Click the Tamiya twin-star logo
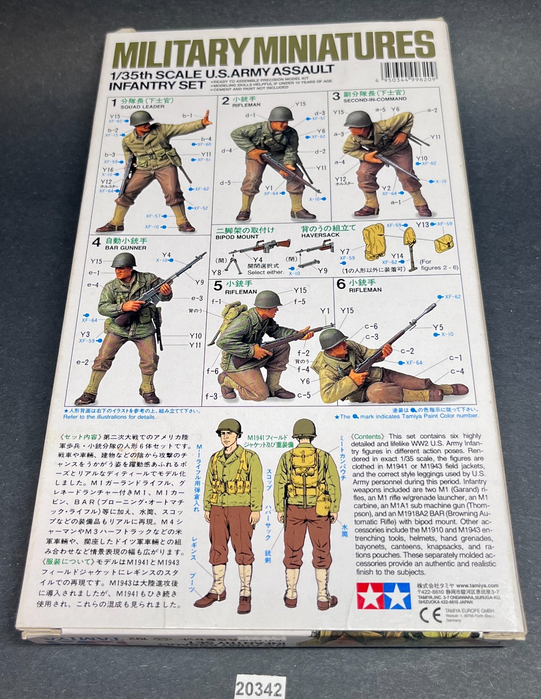(384, 595)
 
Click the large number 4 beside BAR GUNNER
(97, 242)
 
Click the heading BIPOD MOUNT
(237, 237)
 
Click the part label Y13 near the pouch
(422, 224)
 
